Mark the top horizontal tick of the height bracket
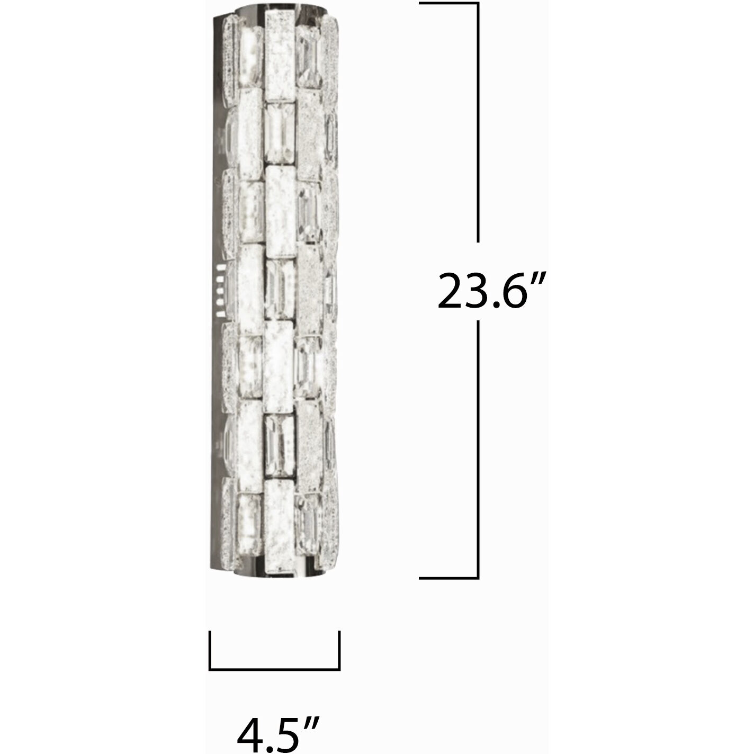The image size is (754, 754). [448, 3]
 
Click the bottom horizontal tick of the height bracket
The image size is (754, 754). [448, 578]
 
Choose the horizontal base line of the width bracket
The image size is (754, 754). [275, 669]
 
